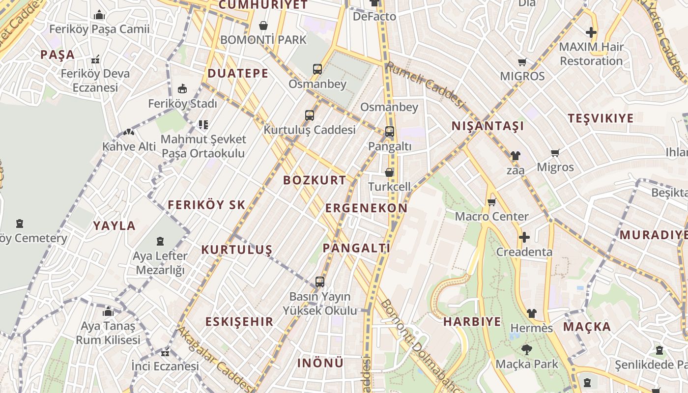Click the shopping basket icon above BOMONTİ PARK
point(263,26)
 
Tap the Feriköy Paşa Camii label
point(99,29)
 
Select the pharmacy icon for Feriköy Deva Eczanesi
point(95,60)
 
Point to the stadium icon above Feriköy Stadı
point(182,89)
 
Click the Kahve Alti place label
point(129,146)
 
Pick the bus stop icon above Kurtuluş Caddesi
point(309,115)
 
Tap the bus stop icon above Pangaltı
point(389,132)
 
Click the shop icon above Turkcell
point(389,172)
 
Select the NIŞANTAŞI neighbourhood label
point(487,126)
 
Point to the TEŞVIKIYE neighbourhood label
point(601,118)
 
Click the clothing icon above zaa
point(515,156)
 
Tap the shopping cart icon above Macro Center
point(491,202)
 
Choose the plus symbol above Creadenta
point(524,237)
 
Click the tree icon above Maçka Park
point(526,350)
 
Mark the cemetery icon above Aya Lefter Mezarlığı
point(160,241)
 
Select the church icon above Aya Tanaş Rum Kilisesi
point(108,311)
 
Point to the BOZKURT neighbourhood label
point(315,180)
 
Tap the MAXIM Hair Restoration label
point(591,54)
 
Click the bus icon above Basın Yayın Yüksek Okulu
point(320,282)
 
